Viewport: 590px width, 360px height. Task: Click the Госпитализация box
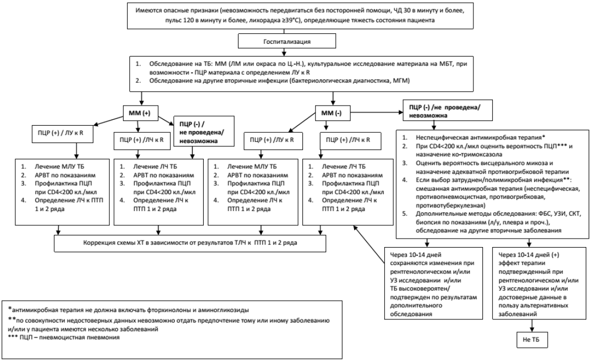(287, 41)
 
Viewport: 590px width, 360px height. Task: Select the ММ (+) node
(140, 113)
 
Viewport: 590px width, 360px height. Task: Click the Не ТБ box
(531, 339)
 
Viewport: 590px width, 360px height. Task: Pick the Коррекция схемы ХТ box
(190, 243)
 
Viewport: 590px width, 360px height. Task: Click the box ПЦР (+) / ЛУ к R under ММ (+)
(63, 133)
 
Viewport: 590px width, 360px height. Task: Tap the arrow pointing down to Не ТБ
(531, 326)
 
